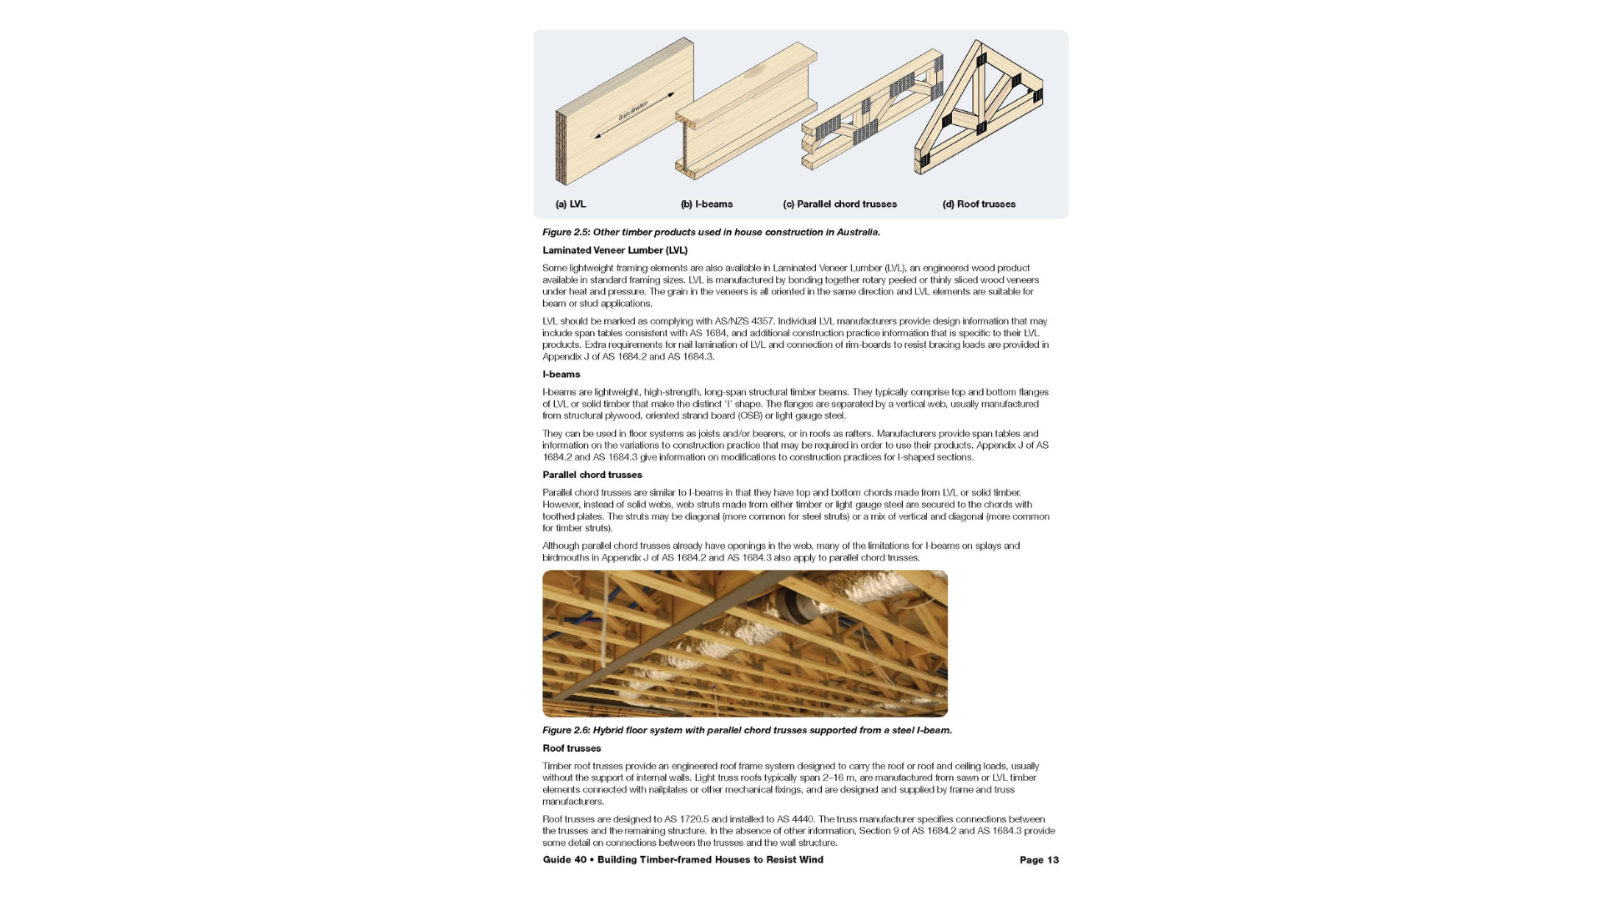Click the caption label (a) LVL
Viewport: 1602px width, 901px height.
click(571, 204)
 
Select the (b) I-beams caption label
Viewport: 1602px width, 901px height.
click(707, 204)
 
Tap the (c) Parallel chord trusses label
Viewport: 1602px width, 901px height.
click(839, 204)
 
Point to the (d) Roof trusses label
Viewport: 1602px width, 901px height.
click(979, 204)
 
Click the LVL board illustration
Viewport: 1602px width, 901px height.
click(624, 113)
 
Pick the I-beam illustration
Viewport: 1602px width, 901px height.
click(745, 113)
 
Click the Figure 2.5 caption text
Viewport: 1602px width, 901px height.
click(711, 232)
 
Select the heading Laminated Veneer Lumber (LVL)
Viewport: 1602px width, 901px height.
click(615, 250)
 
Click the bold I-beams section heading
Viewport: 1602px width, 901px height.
click(562, 375)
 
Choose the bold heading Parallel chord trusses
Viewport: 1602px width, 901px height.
click(592, 475)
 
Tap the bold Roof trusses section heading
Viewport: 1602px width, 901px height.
click(572, 748)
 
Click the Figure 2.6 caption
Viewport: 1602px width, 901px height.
click(747, 730)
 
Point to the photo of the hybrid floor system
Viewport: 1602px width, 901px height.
click(744, 643)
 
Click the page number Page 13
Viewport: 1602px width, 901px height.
click(1039, 860)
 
